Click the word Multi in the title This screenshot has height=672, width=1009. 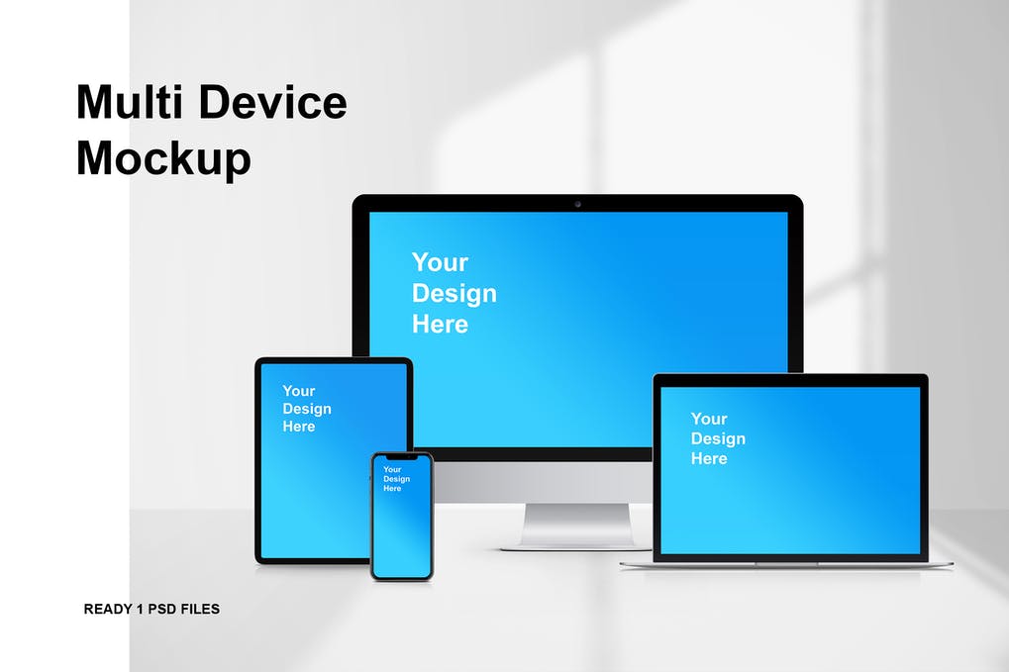pyautogui.click(x=130, y=102)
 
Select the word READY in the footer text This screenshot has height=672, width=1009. pyautogui.click(x=108, y=609)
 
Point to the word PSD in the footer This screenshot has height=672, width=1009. pyautogui.click(x=162, y=609)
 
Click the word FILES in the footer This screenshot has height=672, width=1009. pyautogui.click(x=200, y=609)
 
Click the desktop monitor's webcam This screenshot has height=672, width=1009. pyautogui.click(x=578, y=204)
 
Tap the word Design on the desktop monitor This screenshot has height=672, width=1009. pyautogui.click(x=454, y=294)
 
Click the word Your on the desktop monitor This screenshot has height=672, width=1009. pyautogui.click(x=441, y=262)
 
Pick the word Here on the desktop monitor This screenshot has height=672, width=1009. pyautogui.click(x=441, y=324)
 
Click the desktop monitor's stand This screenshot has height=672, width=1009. pyautogui.click(x=576, y=527)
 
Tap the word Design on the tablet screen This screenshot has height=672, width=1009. pyautogui.click(x=307, y=409)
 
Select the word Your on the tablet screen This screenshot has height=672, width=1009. pyautogui.click(x=299, y=391)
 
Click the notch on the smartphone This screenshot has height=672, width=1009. pyautogui.click(x=402, y=457)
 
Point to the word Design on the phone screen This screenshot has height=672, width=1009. pyautogui.click(x=396, y=479)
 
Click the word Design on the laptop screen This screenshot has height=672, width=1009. pyautogui.click(x=718, y=439)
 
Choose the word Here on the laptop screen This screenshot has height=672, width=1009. pyautogui.click(x=709, y=458)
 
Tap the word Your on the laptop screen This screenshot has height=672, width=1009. pyautogui.click(x=709, y=420)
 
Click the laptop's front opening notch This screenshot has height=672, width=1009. pyautogui.click(x=786, y=564)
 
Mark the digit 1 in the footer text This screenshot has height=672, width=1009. pyautogui.click(x=141, y=609)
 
